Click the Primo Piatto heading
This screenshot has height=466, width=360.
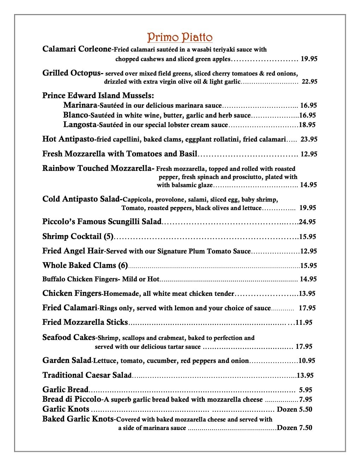pyautogui.click(x=180, y=37)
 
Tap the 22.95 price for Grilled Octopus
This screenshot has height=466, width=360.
pyautogui.click(x=309, y=82)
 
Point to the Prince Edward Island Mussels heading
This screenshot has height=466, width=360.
pyautogui.click(x=98, y=96)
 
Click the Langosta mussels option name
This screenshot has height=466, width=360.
pyautogui.click(x=80, y=125)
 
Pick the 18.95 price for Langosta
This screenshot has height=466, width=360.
pyautogui.click(x=307, y=125)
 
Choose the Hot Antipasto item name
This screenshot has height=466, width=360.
pyautogui.click(x=68, y=139)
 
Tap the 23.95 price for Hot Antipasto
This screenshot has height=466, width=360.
pyautogui.click(x=309, y=139)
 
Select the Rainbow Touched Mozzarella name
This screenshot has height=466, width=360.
pyautogui.click(x=97, y=168)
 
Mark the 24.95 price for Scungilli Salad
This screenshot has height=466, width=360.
pyautogui.click(x=307, y=222)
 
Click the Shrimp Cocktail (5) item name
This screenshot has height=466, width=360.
pyautogui.click(x=78, y=237)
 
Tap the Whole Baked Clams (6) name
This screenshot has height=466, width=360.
pyautogui.click(x=85, y=265)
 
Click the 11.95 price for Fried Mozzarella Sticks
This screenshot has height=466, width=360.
pyautogui.click(x=304, y=322)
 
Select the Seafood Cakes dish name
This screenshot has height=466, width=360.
pyautogui.click(x=69, y=337)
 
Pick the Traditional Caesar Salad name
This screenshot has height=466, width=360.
pyautogui.click(x=87, y=375)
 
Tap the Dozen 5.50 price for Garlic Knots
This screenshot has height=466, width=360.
pyautogui.click(x=294, y=410)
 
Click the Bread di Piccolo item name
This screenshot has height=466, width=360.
pyautogui.click(x=72, y=399)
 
